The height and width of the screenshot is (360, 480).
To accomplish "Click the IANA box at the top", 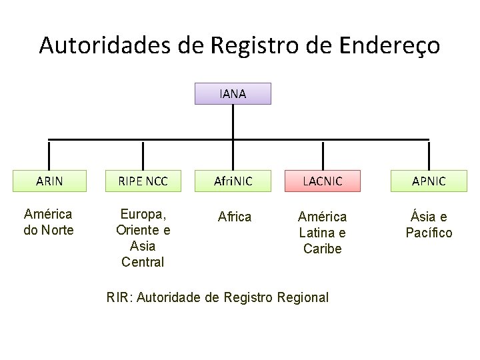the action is tap(233, 94).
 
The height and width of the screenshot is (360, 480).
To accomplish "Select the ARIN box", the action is tap(49, 181).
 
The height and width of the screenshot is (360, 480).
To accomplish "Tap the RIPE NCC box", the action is tap(143, 181).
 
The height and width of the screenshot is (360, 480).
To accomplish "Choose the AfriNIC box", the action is tap(233, 181).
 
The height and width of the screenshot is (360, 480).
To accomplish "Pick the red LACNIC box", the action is tap(323, 181).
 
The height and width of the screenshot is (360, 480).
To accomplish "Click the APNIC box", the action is tap(429, 181).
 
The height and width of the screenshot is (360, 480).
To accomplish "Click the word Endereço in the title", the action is tap(389, 45).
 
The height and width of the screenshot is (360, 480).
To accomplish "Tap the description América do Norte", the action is tap(49, 223).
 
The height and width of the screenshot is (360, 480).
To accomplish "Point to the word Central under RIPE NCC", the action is tap(143, 262).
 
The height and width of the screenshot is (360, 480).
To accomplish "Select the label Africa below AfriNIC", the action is tap(235, 217).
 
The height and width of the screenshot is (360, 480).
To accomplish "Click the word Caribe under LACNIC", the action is tap(322, 249).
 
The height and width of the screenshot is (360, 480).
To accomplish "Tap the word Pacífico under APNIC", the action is tap(429, 233).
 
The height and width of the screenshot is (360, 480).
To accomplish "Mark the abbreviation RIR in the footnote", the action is tap(119, 297).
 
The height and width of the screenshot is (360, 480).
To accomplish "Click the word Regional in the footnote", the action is tap(301, 297).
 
